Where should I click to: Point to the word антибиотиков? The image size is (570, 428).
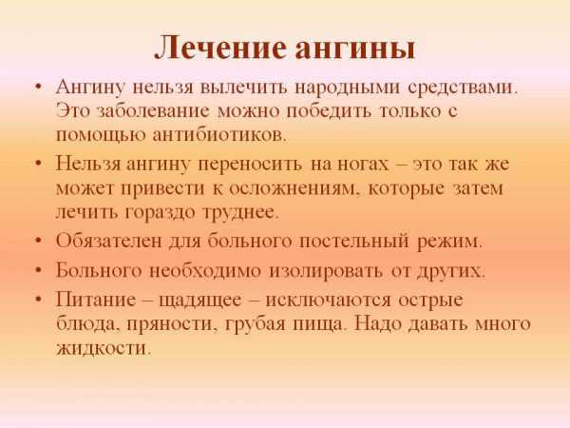[219, 135]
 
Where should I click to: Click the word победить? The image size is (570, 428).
[329, 111]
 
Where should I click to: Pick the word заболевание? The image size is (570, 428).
[154, 111]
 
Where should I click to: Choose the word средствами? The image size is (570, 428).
[462, 88]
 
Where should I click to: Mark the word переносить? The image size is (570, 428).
[250, 165]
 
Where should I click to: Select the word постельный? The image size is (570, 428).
[353, 242]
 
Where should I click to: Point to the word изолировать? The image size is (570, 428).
[325, 271]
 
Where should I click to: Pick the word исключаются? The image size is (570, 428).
[329, 301]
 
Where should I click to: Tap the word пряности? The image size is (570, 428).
[170, 325]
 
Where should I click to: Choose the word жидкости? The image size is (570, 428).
[104, 348]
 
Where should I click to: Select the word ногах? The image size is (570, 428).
[363, 165]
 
